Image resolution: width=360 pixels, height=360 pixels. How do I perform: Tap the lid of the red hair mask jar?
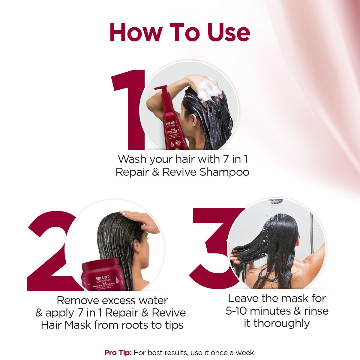coord(100,265)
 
